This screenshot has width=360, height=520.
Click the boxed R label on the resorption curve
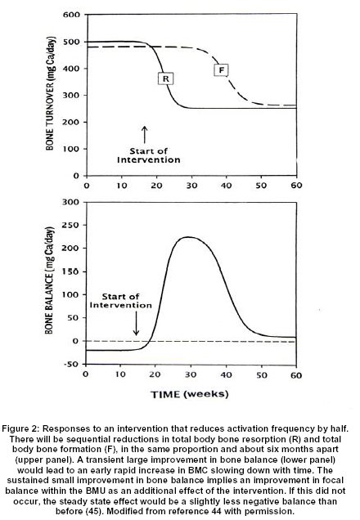pyautogui.click(x=166, y=79)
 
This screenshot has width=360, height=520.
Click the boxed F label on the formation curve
pyautogui.click(x=221, y=70)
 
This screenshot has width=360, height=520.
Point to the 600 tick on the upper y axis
pyautogui.click(x=71, y=15)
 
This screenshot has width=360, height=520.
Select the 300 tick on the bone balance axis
pyautogui.click(x=71, y=202)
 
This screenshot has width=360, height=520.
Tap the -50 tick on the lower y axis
pyautogui.click(x=72, y=364)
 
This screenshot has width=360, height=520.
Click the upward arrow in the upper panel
pyautogui.click(x=144, y=135)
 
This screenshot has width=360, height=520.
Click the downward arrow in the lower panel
pyautogui.click(x=136, y=325)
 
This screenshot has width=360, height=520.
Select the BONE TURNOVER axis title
pyautogui.click(x=50, y=93)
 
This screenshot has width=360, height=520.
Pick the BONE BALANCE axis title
pyautogui.click(x=49, y=280)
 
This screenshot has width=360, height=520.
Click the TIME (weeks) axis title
pyautogui.click(x=190, y=394)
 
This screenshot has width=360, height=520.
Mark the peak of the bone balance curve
pyautogui.click(x=188, y=237)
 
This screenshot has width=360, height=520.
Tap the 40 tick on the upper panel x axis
pyautogui.click(x=227, y=185)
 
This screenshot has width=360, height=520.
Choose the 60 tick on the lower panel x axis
pyautogui.click(x=296, y=375)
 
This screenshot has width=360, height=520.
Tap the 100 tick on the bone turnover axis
pyautogui.click(x=72, y=149)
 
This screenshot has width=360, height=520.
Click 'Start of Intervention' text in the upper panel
pyautogui.click(x=149, y=155)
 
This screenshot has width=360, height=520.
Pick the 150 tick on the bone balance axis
pyautogui.click(x=71, y=271)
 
